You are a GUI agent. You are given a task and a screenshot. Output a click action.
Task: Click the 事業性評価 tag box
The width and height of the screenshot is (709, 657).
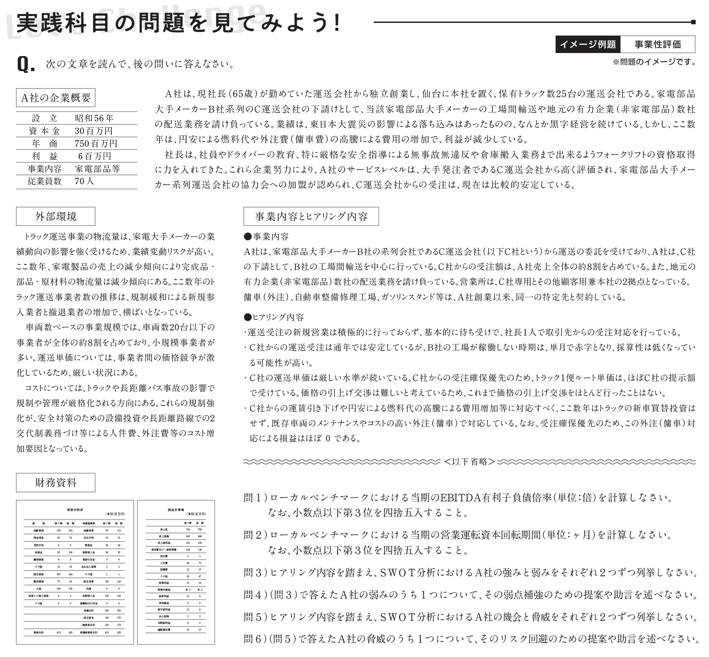click(x=657, y=44)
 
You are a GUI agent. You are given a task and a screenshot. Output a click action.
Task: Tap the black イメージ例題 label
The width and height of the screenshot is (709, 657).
click(x=588, y=44)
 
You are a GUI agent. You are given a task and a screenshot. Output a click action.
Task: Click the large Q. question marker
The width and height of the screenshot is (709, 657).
click(x=26, y=64)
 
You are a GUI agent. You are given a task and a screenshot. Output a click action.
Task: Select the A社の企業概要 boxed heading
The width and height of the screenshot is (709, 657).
click(x=56, y=98)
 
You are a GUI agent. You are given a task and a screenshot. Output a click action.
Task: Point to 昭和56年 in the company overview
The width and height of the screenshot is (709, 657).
click(x=94, y=118)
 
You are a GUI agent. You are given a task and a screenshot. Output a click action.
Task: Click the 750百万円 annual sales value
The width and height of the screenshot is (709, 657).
click(x=96, y=143)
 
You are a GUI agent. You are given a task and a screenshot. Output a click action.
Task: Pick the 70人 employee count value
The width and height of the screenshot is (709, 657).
click(x=84, y=181)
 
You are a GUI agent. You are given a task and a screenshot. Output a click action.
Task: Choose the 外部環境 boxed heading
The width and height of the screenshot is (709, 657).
click(x=56, y=216)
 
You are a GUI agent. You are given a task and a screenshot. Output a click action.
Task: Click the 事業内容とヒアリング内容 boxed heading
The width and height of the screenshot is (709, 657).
click(x=311, y=216)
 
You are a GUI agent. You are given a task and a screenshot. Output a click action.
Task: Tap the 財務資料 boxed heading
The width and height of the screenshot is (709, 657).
click(x=56, y=483)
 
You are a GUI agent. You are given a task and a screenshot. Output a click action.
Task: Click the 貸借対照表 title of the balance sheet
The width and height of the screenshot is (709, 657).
click(x=75, y=510)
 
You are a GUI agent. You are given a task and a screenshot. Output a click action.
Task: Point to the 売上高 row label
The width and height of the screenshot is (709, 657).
click(x=164, y=530)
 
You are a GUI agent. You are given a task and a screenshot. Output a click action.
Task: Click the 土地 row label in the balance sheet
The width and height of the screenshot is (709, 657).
click(x=39, y=589)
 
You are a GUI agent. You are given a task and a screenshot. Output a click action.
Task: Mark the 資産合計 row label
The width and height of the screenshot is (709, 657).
click(x=39, y=632)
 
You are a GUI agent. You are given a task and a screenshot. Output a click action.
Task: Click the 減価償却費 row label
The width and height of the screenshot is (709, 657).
click(x=164, y=630)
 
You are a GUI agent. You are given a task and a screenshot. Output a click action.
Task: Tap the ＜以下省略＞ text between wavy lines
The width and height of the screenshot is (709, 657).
click(x=469, y=461)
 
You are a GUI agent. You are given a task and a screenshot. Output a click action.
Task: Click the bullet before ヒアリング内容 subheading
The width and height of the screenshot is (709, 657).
click(x=248, y=317)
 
